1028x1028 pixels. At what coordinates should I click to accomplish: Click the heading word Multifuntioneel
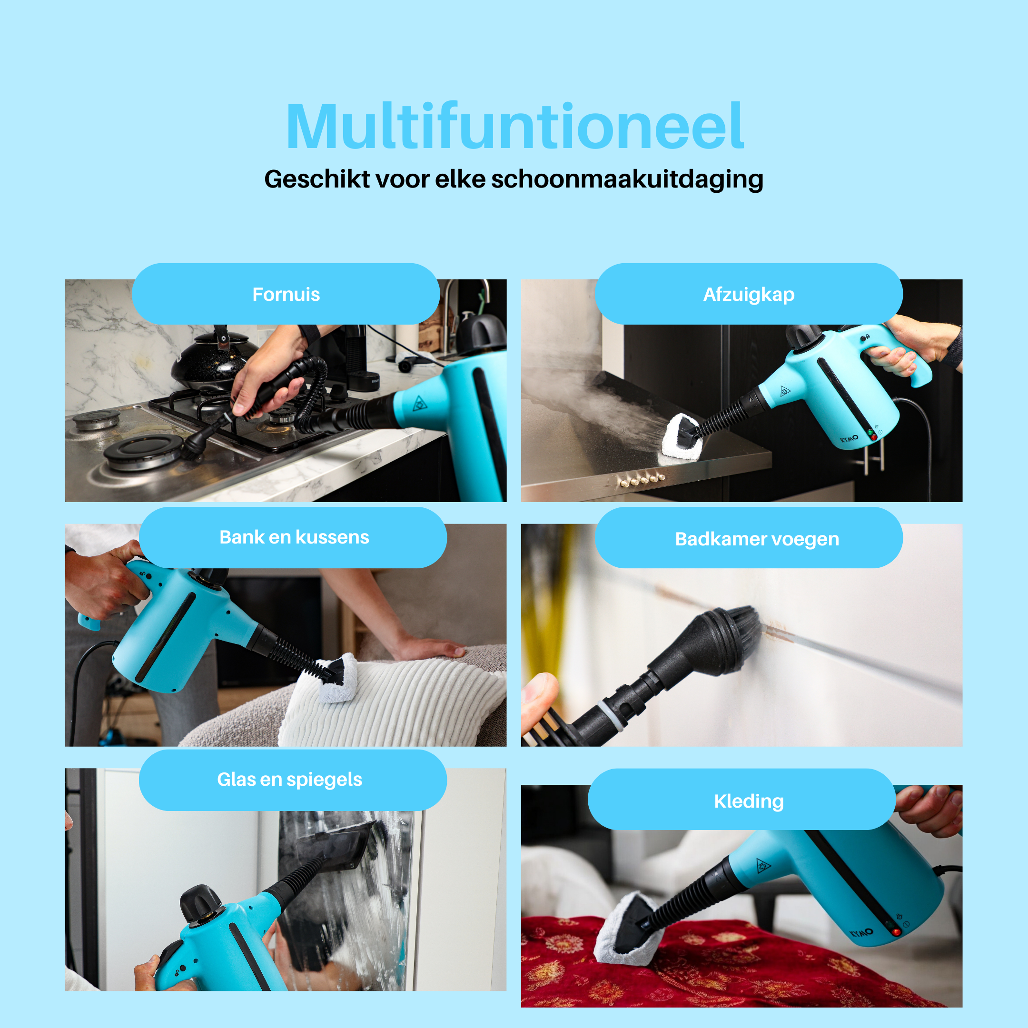point(514,127)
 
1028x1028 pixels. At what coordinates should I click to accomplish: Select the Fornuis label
point(286,294)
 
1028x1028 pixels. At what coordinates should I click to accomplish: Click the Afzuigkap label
point(749,294)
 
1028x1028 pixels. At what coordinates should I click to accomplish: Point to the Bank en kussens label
point(293,537)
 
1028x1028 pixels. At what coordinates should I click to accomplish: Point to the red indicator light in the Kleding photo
point(896,932)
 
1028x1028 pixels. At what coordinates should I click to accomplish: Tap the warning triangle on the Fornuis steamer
point(420,403)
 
